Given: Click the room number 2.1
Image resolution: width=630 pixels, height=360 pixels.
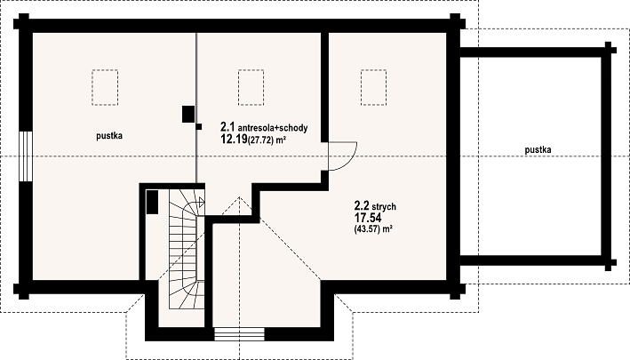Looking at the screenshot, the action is (227, 127).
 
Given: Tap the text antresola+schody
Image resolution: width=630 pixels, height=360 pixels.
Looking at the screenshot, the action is (273, 128).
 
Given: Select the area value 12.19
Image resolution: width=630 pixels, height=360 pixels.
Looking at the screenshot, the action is (234, 140).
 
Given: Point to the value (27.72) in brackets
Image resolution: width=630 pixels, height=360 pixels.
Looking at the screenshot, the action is (260, 140).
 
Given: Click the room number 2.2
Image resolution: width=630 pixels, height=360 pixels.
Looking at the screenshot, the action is (362, 206).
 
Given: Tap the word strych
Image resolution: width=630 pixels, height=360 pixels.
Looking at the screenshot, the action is (384, 207).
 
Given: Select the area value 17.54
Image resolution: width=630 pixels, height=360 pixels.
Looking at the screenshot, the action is (368, 218).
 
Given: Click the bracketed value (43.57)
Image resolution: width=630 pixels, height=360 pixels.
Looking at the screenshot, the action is (367, 229).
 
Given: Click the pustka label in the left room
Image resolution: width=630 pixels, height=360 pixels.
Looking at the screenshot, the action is (109, 136).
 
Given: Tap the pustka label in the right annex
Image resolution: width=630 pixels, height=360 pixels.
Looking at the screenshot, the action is (538, 150).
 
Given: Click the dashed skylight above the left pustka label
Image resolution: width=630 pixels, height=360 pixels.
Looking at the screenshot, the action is (105, 87).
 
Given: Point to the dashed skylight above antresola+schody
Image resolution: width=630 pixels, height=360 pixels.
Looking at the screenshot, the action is (251, 87).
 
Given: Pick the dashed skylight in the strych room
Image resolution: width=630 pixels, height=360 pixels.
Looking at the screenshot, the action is (374, 87).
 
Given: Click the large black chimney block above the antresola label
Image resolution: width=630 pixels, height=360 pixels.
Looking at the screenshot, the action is (188, 114).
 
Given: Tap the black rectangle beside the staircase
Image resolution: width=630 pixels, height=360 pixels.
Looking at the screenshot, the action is (152, 202).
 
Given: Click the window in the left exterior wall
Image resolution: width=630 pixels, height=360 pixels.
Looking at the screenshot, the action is (25, 156).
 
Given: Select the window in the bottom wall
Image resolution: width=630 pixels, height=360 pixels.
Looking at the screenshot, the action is (239, 334).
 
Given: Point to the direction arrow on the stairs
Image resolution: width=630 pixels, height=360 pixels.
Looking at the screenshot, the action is (202, 202).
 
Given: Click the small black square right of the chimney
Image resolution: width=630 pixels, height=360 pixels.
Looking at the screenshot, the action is (198, 126).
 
